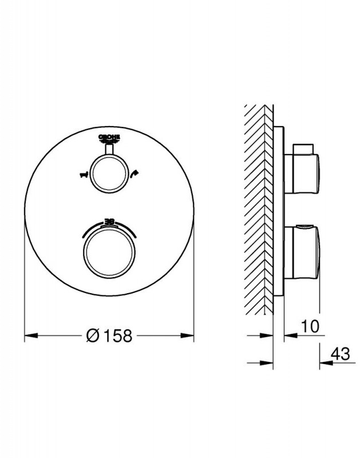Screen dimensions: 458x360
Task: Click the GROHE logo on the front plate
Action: [109, 137]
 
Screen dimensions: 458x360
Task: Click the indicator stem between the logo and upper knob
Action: [109, 149]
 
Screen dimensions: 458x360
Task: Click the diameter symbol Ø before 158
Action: [93, 336]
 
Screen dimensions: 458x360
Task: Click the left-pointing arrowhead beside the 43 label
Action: [325, 362]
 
